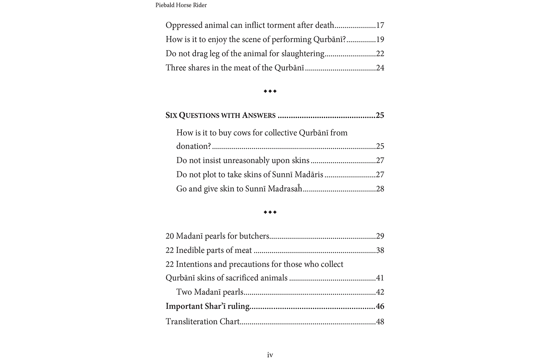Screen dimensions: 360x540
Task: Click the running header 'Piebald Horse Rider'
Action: [x=181, y=5]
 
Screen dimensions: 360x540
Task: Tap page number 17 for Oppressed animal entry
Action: [x=380, y=26]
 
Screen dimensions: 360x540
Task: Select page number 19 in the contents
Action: [x=380, y=40]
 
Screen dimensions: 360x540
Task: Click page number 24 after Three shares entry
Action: [x=380, y=68]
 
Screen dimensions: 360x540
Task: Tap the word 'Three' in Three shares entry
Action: [x=176, y=68]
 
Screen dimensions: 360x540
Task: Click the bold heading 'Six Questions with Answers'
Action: [x=220, y=116]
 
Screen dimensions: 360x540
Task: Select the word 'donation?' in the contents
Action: [x=194, y=147]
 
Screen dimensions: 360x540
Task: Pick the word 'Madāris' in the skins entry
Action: [x=309, y=175]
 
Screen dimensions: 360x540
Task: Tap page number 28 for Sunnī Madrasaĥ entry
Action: [x=380, y=189]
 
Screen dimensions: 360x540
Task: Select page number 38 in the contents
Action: [x=380, y=251]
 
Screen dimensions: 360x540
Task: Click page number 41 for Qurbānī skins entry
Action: [x=380, y=278]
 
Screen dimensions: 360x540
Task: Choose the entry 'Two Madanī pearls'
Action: [x=210, y=292]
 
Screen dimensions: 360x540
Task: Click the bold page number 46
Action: [x=380, y=307]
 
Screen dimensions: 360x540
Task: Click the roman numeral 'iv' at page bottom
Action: [x=270, y=355]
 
